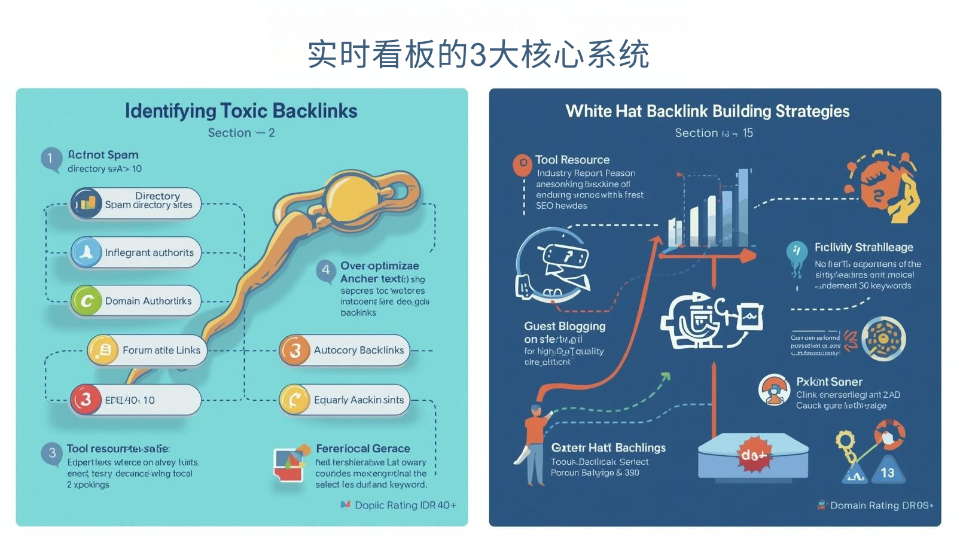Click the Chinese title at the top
click(478, 55)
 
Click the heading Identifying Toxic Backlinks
click(241, 111)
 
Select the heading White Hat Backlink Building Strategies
click(708, 111)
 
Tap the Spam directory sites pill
click(136, 203)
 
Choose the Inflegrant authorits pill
click(136, 252)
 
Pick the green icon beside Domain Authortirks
click(87, 301)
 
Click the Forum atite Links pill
click(147, 350)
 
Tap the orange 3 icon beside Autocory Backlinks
click(295, 350)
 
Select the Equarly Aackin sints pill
click(345, 400)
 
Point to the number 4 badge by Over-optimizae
click(326, 270)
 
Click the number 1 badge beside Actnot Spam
click(51, 159)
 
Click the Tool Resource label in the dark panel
click(572, 160)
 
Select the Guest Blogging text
click(565, 327)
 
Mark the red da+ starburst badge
click(753, 455)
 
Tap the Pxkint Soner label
click(829, 382)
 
